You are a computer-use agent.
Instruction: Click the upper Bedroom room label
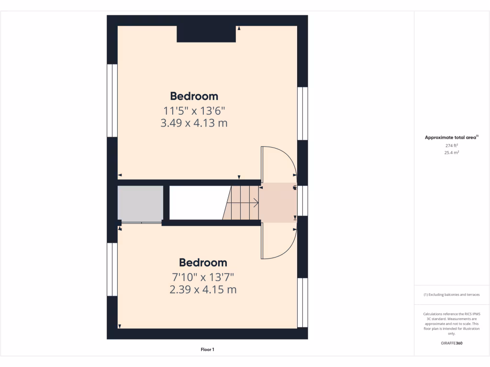[x=194, y=96]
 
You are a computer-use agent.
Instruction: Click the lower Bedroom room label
[x=203, y=262]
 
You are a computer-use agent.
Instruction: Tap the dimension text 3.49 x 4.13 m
[x=194, y=123]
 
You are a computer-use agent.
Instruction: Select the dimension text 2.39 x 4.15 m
[x=203, y=290]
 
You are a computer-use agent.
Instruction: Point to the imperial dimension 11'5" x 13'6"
[x=194, y=111]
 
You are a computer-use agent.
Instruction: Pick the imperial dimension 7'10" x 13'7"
[x=203, y=277]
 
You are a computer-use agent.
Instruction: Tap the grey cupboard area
[x=141, y=203]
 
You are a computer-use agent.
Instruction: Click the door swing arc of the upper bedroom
[x=279, y=160]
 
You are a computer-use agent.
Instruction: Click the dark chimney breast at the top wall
[x=206, y=34]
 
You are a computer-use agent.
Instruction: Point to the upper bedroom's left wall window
[x=112, y=100]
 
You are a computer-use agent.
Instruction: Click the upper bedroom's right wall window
[x=302, y=113]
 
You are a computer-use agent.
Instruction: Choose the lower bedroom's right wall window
[x=302, y=302]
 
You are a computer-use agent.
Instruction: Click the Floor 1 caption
[x=207, y=350]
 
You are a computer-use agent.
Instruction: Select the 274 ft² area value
[x=452, y=146]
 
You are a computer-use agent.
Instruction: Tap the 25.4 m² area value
[x=452, y=153]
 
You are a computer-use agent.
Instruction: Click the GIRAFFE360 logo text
[x=452, y=343]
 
